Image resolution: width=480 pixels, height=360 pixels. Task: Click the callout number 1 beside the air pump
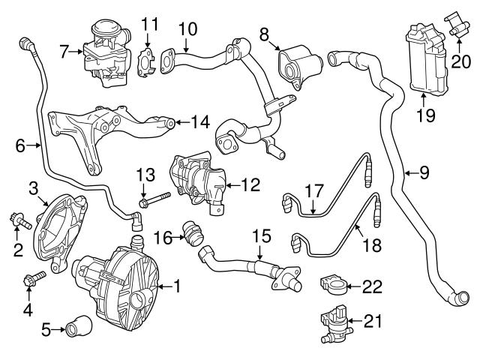(177, 285)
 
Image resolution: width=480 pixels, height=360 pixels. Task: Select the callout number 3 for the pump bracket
(33, 186)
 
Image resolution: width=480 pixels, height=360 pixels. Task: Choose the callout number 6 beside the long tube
(19, 146)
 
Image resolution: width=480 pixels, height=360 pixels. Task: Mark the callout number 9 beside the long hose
(424, 174)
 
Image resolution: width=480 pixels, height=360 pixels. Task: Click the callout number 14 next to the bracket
(199, 121)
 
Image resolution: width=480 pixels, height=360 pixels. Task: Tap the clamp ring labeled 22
(332, 286)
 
